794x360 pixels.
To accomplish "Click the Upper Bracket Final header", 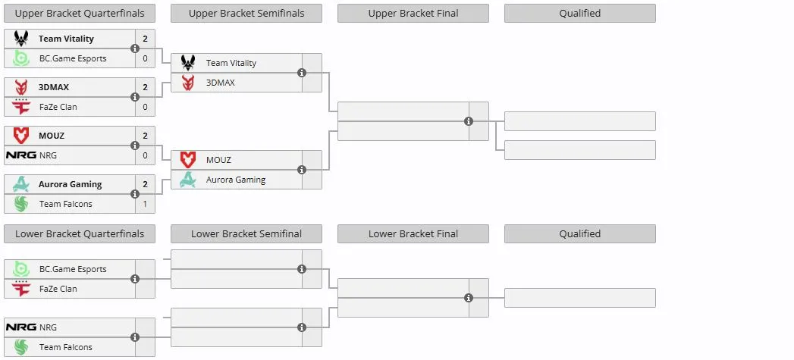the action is click(413, 13).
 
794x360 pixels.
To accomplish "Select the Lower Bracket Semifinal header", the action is click(246, 234).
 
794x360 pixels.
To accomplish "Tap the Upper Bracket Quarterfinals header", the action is click(80, 13).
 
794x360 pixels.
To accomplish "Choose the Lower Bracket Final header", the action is click(413, 234).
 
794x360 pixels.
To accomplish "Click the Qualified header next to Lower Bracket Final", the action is click(580, 234).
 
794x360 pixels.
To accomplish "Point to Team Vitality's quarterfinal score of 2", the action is click(146, 39).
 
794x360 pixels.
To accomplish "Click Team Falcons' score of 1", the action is click(146, 204).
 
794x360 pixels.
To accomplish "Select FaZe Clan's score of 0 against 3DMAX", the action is click(146, 107).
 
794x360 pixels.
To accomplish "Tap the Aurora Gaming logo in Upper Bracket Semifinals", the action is click(188, 180).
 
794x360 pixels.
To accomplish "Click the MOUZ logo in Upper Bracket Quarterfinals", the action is click(20, 136).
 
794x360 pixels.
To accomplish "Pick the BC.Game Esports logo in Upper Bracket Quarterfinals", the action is click(20, 58).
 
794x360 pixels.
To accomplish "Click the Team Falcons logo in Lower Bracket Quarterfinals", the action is click(20, 347).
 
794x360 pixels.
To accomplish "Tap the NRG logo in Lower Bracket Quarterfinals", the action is click(20, 327).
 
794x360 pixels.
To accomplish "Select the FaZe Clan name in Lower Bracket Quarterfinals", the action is click(58, 289).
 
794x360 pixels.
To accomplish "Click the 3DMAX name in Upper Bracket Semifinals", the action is click(220, 83).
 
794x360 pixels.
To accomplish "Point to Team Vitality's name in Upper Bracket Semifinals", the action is click(231, 63).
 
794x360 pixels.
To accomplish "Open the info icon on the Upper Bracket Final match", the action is click(469, 121).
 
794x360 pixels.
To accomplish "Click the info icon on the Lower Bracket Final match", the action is click(469, 298).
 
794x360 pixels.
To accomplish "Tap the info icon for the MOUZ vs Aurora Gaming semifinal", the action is click(302, 170).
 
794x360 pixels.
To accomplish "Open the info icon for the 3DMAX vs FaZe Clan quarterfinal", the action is click(135, 97).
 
